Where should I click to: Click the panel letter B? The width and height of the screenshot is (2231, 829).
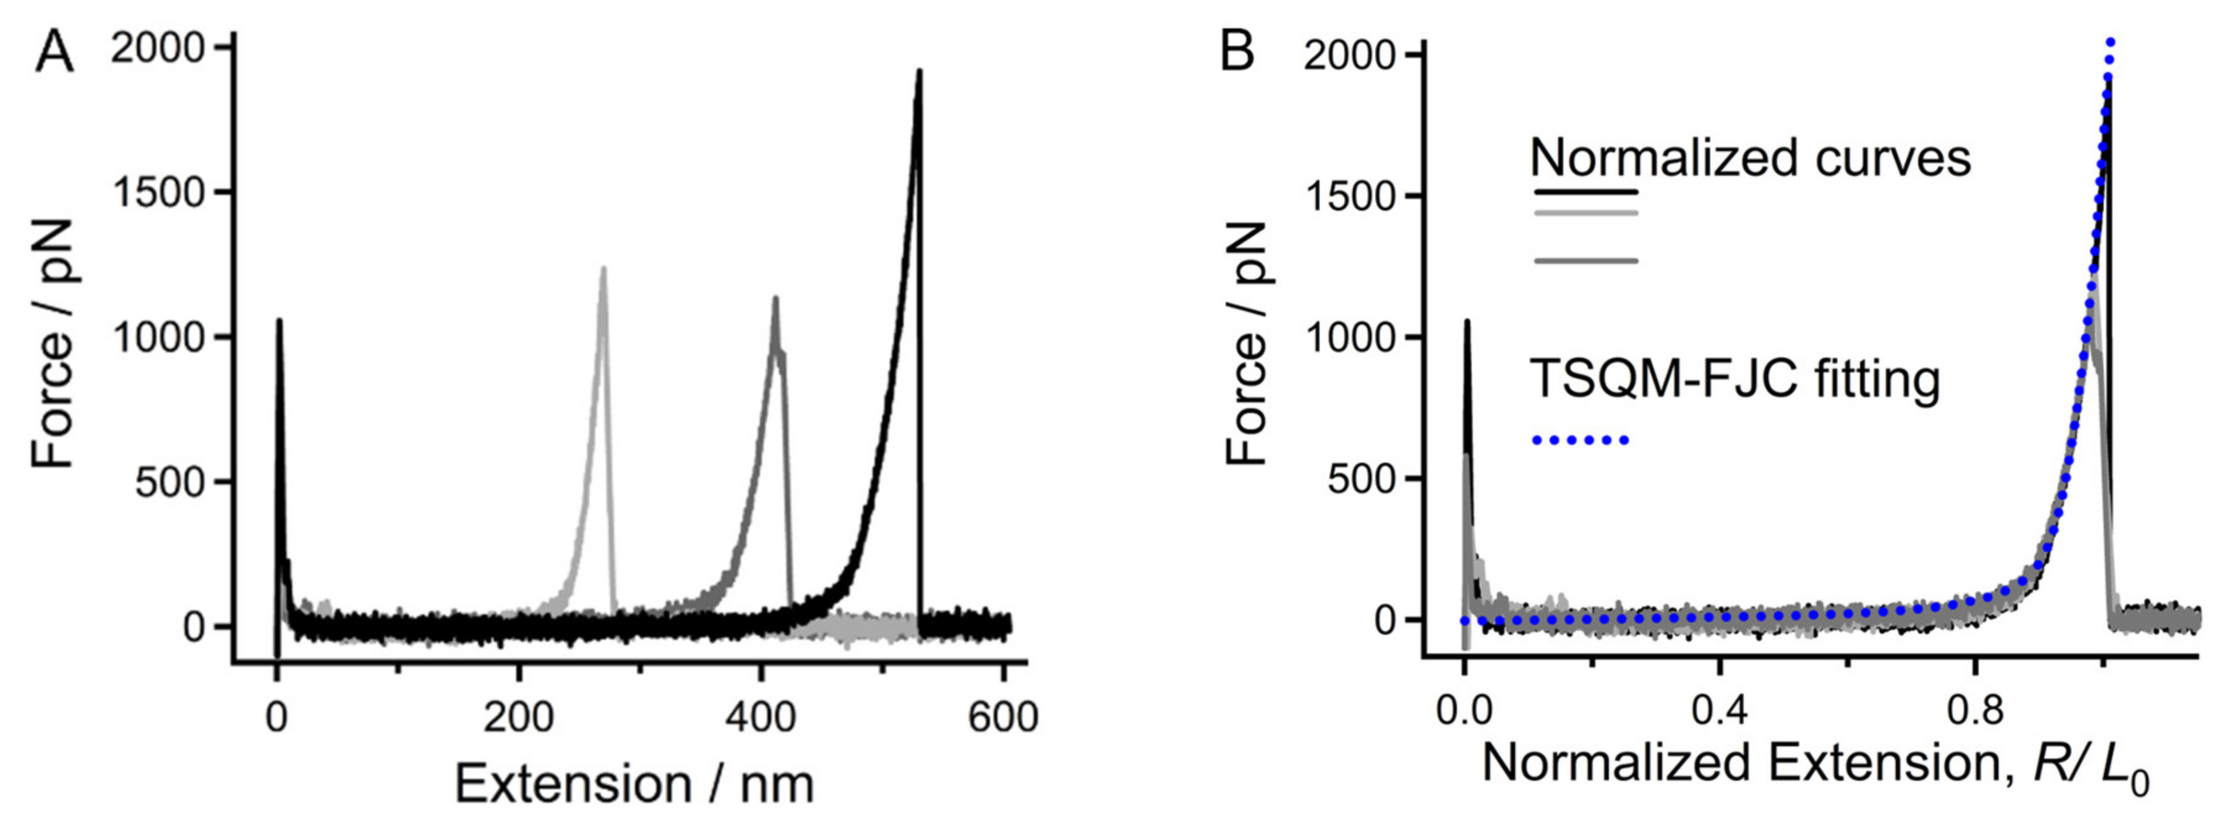point(1237,54)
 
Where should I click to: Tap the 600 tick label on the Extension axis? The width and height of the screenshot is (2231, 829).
point(1002,718)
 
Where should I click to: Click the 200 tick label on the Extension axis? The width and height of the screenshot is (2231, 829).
point(518,718)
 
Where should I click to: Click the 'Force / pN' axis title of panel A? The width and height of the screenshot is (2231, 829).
point(54,342)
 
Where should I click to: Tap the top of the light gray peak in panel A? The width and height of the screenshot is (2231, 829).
point(603,269)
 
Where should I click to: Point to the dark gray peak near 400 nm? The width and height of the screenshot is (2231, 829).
point(775,299)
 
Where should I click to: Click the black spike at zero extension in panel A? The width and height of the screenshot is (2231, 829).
point(279,322)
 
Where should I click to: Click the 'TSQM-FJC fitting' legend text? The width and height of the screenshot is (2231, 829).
point(1734,379)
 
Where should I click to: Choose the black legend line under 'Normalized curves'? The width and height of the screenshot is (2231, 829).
point(1585,191)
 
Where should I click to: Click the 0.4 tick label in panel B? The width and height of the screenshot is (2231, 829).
point(1719,711)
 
